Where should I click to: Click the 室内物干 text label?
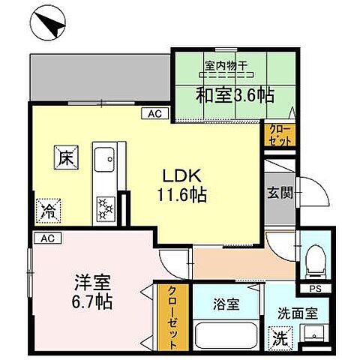point(225,66)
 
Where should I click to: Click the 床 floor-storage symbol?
point(65,158)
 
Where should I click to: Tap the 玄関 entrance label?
point(279,190)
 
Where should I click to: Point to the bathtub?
point(225,335)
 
